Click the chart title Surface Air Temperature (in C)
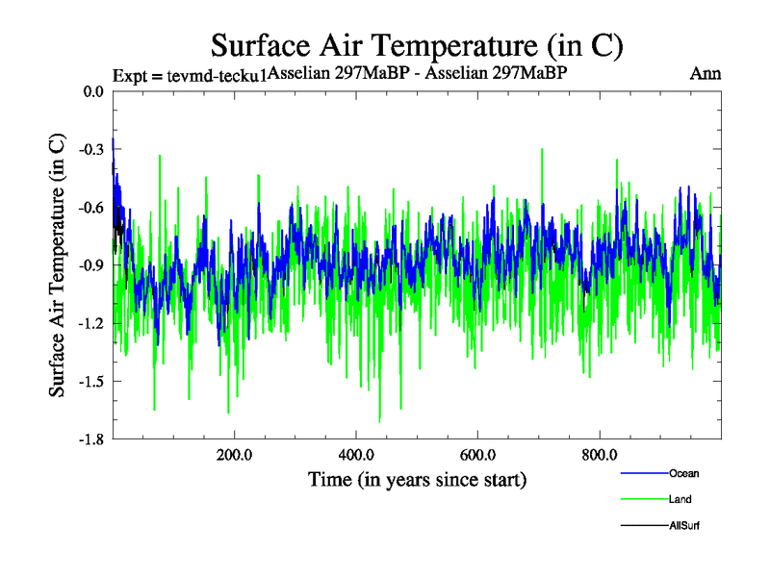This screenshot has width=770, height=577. [418, 45]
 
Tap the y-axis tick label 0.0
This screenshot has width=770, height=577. [93, 92]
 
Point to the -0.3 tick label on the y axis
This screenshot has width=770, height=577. [91, 150]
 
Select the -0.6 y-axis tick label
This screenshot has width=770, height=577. [91, 208]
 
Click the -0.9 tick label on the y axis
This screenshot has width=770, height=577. [91, 265]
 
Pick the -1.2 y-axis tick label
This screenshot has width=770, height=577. [91, 323]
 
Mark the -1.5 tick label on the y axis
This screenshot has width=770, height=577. [91, 381]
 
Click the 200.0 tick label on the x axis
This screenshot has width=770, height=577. [234, 455]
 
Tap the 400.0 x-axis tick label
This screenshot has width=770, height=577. [356, 455]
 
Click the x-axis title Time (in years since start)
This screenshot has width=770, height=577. [417, 479]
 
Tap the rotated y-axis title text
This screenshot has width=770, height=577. [57, 264]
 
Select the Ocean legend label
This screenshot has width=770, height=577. [683, 473]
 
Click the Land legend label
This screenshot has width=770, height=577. [680, 500]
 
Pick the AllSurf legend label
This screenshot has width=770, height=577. [684, 526]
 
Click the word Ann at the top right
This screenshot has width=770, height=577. [706, 73]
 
